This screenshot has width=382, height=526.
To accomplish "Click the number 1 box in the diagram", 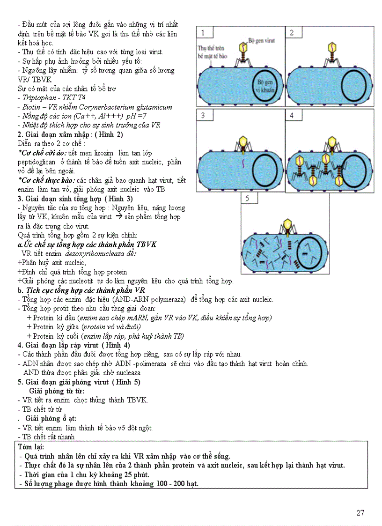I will coord(204,32).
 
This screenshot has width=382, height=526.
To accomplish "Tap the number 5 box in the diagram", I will coord(249,198).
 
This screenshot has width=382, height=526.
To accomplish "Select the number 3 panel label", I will coord(204,115).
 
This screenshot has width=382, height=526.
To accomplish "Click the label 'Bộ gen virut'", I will coord(261,41).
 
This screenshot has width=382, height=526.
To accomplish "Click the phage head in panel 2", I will coord(331,47).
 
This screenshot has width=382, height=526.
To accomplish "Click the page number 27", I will coord(360,512).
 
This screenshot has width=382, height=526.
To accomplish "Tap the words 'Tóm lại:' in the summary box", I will coord(30,447).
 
